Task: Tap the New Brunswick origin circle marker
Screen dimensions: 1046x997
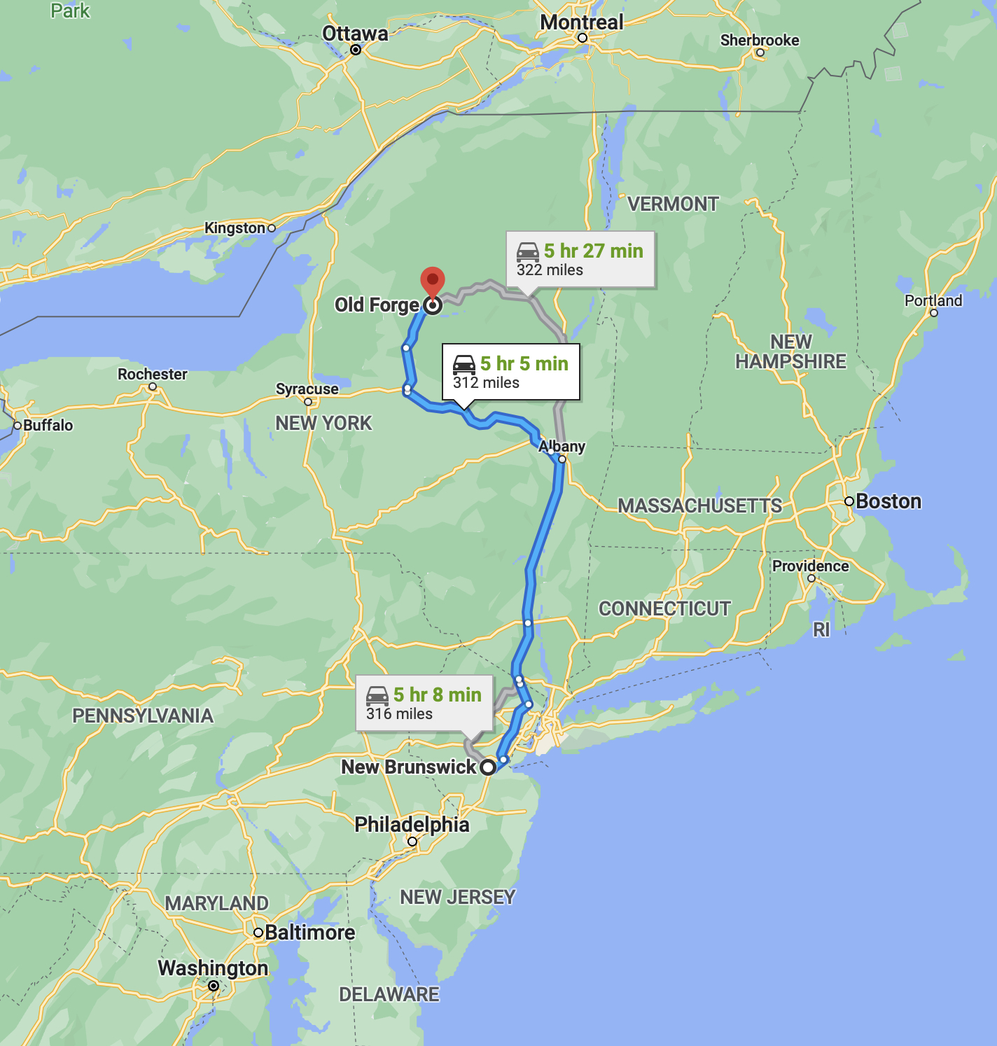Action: pos(488,767)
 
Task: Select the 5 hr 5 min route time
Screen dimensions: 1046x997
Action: pos(524,363)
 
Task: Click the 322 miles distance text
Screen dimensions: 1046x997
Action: pos(550,270)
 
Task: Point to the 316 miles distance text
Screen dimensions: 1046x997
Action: pos(399,714)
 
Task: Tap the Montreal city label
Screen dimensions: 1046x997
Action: pos(581,22)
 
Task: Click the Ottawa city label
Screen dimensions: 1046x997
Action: pos(355,34)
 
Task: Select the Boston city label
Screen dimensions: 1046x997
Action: pos(888,501)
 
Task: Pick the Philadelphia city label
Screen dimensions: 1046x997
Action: pos(412,824)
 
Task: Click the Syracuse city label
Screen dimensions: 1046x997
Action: pos(307,389)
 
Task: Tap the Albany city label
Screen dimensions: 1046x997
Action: pos(562,446)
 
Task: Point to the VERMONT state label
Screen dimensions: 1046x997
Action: pos(673,204)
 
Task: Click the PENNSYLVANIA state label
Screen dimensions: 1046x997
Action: pos(143,716)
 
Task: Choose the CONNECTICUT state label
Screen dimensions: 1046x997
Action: pos(664,608)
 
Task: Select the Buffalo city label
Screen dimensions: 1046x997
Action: pos(48,425)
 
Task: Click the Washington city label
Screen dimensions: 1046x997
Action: pos(213,968)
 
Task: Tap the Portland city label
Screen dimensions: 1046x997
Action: pos(933,300)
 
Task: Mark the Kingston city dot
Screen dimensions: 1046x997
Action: pos(272,228)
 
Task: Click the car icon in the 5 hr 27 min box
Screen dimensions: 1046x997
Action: pos(528,251)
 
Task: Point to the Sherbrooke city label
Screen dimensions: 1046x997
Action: pos(760,40)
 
